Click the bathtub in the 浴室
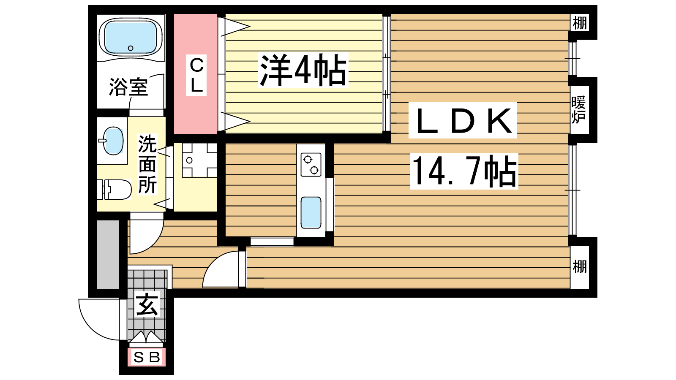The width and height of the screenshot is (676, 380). [x=131, y=37]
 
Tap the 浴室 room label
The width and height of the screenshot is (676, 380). [x=128, y=87]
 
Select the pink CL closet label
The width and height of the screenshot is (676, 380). [x=196, y=75]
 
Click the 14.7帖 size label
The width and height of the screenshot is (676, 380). [x=464, y=171]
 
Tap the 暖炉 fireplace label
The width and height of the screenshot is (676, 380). [x=578, y=110]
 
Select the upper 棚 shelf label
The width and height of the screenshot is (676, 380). [x=580, y=23]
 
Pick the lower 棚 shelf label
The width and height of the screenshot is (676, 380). [x=580, y=266]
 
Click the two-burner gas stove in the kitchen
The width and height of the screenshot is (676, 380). [x=311, y=164]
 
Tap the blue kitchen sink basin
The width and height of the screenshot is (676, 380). [x=311, y=213]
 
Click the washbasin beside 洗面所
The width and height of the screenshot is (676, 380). [x=112, y=141]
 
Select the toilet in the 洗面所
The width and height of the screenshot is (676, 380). [x=114, y=190]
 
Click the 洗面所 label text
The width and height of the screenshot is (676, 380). [x=147, y=164]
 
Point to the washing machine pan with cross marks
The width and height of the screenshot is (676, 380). [x=199, y=160]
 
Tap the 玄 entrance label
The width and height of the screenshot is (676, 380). [x=147, y=305]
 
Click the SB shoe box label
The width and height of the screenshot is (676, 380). [x=147, y=357]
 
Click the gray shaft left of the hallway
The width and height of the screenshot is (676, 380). [x=108, y=255]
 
